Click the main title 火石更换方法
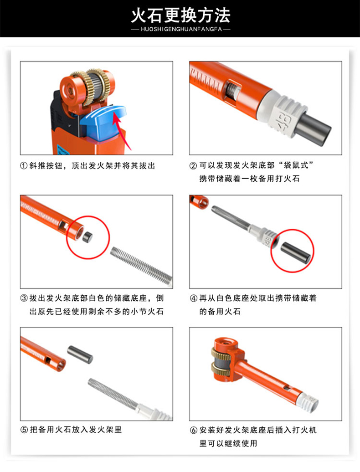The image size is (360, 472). click(x=180, y=15)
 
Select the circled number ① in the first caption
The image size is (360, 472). click(x=24, y=166)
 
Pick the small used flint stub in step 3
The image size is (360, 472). click(x=87, y=237)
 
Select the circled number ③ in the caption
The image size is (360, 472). click(x=24, y=298)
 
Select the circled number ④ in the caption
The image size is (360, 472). click(x=193, y=298)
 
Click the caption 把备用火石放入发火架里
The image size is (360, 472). click(x=76, y=430)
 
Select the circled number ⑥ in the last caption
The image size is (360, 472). click(x=193, y=430)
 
